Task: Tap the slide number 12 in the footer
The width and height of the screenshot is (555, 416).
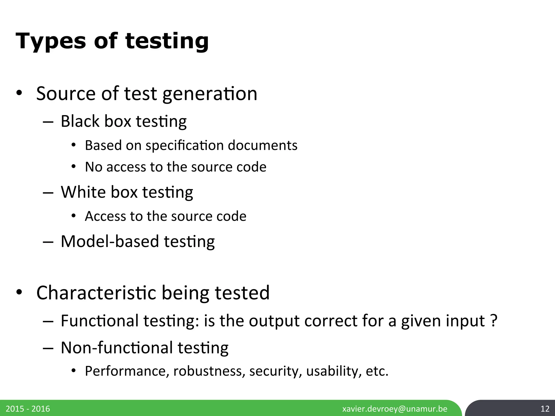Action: pyautogui.click(x=545, y=409)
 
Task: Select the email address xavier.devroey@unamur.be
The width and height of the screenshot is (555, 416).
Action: pyautogui.click(x=395, y=409)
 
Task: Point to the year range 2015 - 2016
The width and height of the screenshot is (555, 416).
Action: pyautogui.click(x=28, y=409)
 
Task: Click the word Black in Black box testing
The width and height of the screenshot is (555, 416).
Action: pyautogui.click(x=80, y=121)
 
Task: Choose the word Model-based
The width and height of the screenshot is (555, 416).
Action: pyautogui.click(x=110, y=241)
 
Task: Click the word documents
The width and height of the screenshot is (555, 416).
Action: pyautogui.click(x=263, y=145)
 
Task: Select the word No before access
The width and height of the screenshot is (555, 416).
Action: pyautogui.click(x=93, y=167)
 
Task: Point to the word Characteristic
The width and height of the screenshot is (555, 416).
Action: pyautogui.click(x=96, y=293)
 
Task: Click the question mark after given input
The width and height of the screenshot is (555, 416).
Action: pyautogui.click(x=494, y=321)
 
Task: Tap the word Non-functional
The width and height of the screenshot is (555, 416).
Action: pyautogui.click(x=117, y=348)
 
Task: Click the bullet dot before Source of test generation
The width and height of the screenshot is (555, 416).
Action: pyautogui.click(x=19, y=93)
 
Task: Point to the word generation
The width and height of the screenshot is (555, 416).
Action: pyautogui.click(x=210, y=94)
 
